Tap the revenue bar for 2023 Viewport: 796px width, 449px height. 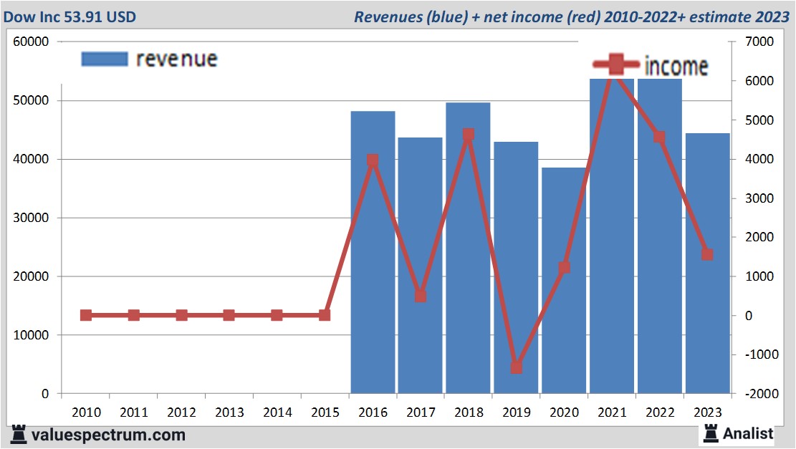pos(707,322)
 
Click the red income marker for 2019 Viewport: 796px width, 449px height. pos(517,367)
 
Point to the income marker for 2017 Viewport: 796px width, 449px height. pos(421,296)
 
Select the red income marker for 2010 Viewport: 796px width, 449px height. pos(86,315)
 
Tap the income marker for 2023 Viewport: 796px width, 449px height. pos(707,254)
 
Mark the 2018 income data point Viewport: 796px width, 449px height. pos(469,135)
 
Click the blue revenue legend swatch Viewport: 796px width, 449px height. pos(105,59)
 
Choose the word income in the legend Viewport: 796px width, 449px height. pos(676,66)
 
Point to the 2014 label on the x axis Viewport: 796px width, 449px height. pos(277,412)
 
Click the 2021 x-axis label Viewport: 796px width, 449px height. pos(612,412)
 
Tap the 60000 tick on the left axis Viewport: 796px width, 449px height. pos(31,42)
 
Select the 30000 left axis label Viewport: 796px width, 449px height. pos(31,218)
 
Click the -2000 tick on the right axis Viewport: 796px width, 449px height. pos(759,394)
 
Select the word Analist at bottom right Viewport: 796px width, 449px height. pos(748,433)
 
